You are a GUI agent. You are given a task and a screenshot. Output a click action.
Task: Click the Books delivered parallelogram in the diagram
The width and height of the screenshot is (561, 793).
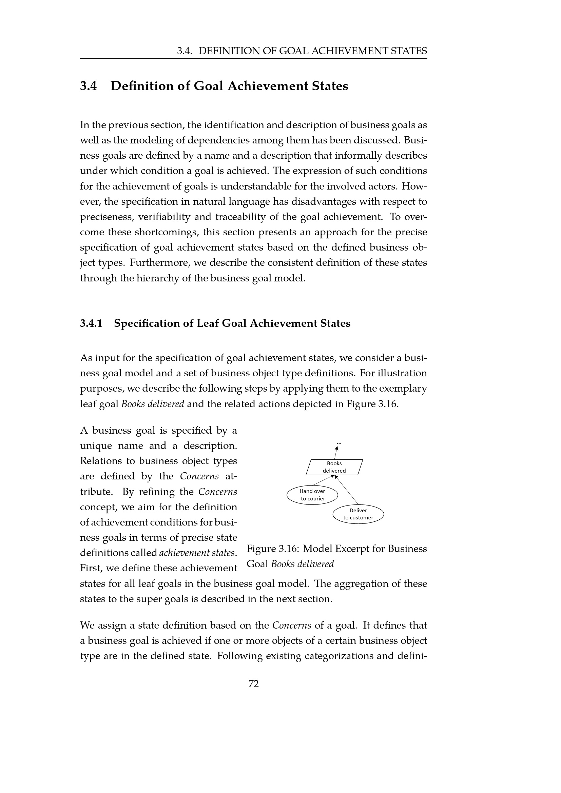[334, 467]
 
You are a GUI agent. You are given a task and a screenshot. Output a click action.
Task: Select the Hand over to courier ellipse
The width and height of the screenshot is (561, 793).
[312, 495]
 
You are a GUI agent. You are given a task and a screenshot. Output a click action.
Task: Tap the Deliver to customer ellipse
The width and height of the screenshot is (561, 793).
[358, 514]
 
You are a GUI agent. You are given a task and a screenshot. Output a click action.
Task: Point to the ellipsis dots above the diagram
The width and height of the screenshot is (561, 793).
[338, 442]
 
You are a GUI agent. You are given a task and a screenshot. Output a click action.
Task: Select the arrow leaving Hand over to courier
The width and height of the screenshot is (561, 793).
[323, 480]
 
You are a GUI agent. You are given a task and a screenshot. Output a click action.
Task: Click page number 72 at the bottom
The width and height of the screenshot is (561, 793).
[254, 683]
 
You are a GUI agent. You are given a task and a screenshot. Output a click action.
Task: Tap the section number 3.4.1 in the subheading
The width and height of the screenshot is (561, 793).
[91, 323]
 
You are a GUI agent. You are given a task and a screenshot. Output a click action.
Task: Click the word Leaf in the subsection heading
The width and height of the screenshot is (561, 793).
[208, 323]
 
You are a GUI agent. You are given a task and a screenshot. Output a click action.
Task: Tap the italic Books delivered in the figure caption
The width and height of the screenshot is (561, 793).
[302, 564]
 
